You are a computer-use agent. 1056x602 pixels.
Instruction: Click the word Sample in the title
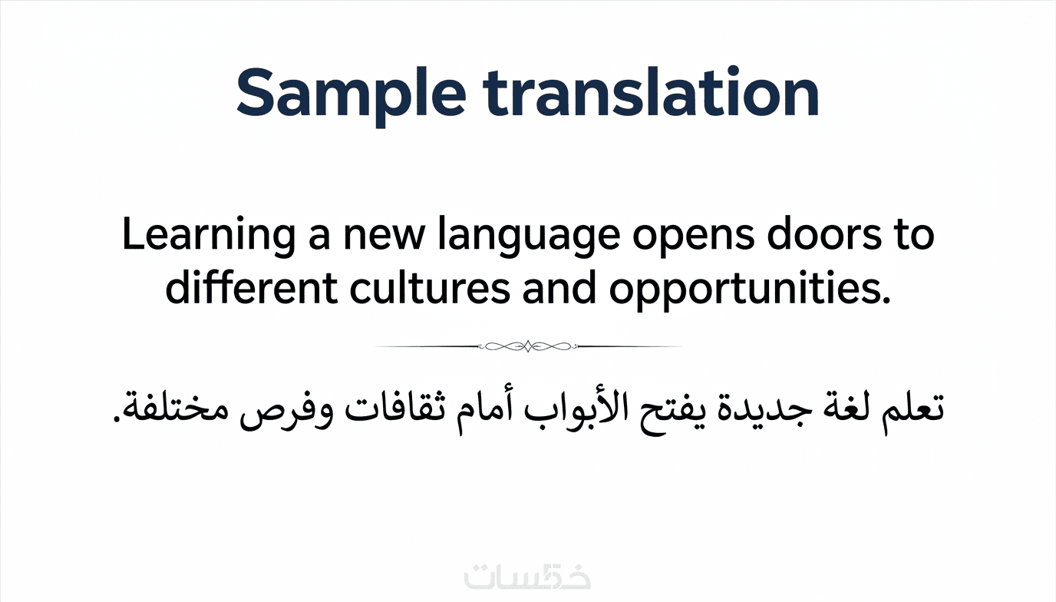351,94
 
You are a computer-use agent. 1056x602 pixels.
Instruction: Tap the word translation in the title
651,91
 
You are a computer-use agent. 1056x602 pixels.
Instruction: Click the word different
251,286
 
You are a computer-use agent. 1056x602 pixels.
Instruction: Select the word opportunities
750,289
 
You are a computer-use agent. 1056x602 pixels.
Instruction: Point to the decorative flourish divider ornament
528,346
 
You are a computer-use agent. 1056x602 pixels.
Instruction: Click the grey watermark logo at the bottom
527,575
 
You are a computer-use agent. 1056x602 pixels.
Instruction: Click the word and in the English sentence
559,286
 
